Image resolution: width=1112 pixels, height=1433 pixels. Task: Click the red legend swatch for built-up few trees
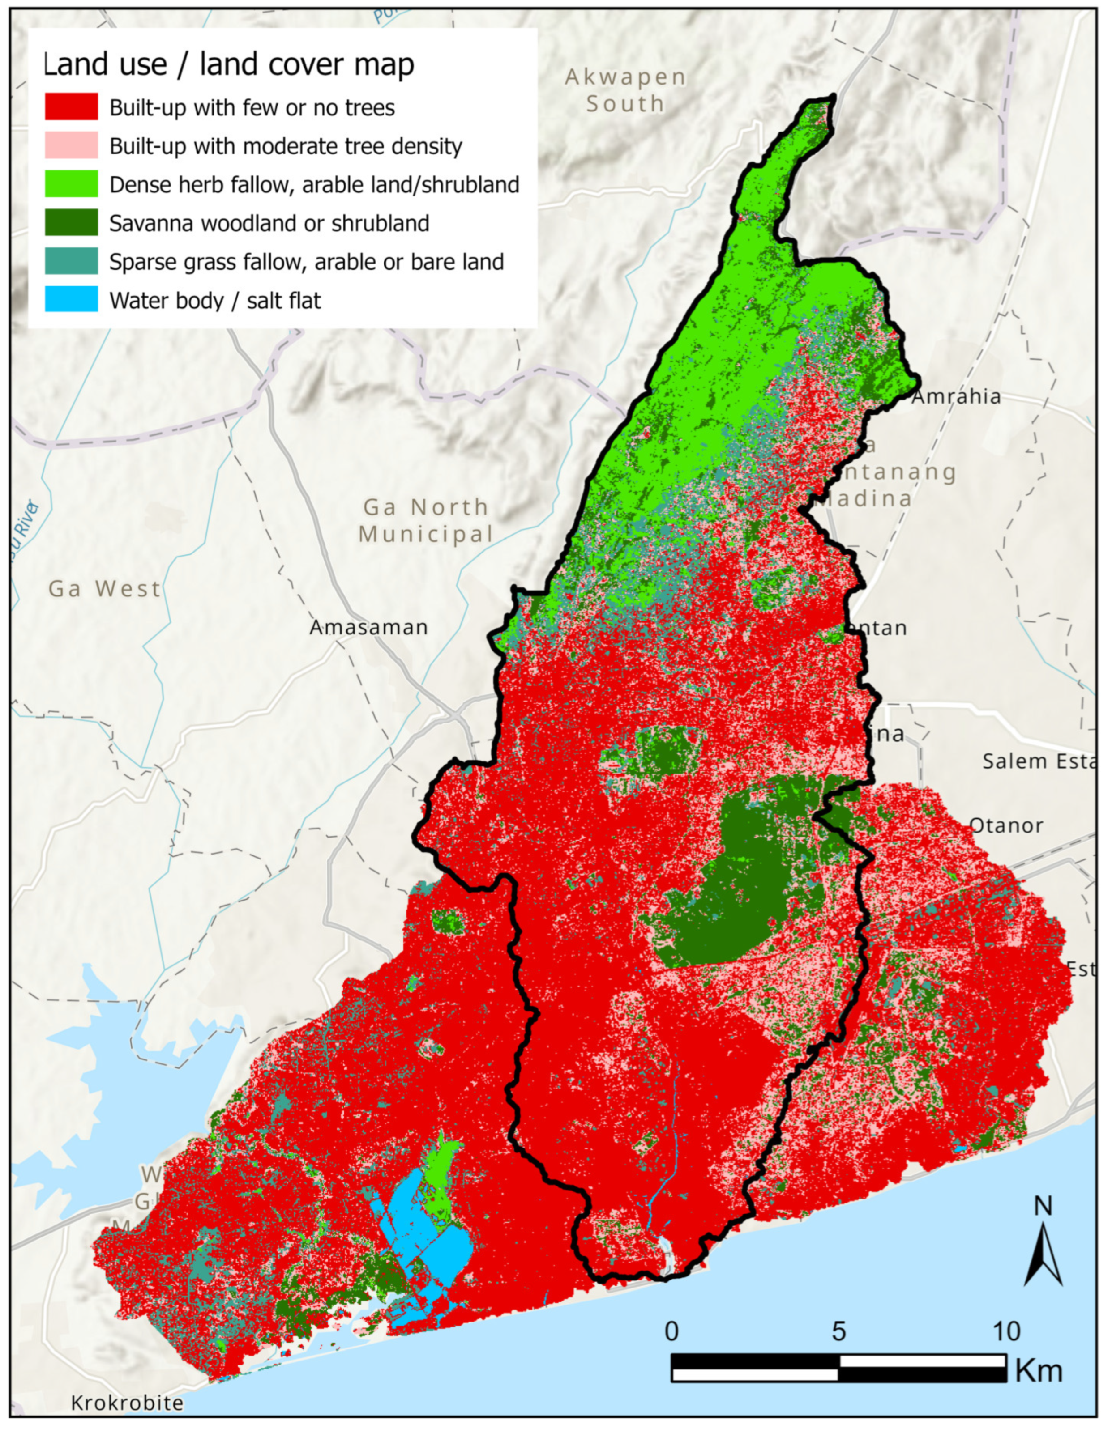point(71,107)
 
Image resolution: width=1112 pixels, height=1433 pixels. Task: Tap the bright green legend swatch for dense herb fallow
point(71,184)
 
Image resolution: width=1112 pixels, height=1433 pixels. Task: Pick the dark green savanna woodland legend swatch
point(71,223)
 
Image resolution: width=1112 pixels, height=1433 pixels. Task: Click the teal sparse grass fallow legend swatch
point(71,262)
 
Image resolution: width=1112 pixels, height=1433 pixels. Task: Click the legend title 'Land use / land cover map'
point(228,64)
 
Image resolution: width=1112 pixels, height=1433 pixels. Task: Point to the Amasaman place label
point(369,628)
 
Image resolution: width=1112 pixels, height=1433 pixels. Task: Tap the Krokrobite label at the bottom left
point(127,1403)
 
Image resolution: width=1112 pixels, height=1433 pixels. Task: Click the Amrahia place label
point(956,397)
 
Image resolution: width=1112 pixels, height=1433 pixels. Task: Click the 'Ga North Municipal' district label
point(425,520)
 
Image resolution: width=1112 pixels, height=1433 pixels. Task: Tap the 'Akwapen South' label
point(625,90)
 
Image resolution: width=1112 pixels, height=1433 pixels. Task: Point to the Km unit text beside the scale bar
point(1039,1371)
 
